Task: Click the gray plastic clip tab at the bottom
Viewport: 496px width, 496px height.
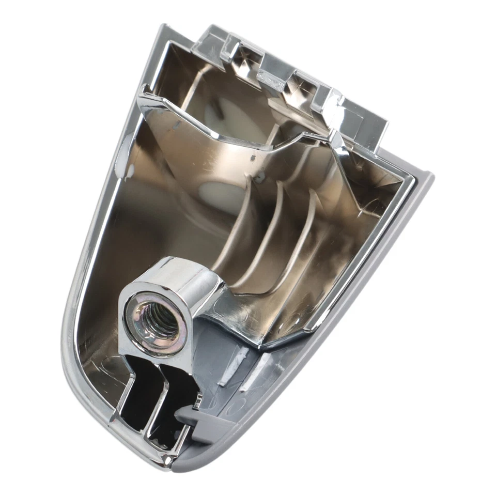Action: point(204,419)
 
